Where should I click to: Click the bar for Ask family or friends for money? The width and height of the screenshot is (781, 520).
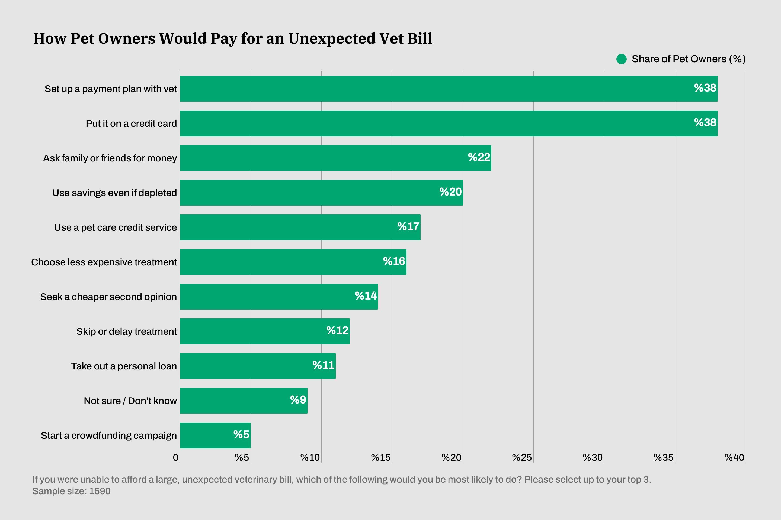pos(335,158)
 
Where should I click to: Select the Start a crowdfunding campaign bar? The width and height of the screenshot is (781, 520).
pos(215,435)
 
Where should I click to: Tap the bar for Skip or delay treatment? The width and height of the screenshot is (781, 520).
pos(265,331)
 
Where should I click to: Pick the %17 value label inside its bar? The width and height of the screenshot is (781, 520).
pos(408,226)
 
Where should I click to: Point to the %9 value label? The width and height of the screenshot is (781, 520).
pos(298,400)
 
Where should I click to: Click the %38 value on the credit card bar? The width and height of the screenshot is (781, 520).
pos(705,123)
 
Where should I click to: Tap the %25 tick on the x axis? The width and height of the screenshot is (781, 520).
pos(522,458)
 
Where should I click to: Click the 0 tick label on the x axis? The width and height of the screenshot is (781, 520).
pos(176,458)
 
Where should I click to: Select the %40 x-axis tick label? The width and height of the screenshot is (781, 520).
pos(734,458)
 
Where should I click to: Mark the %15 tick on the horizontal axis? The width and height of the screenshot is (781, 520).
pos(380,458)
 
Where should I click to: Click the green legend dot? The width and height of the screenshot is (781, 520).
pos(621,59)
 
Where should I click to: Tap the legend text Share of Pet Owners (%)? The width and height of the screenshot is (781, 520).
pos(688,59)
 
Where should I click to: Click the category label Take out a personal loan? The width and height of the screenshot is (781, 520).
pos(124,366)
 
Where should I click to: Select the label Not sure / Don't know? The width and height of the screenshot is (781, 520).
pos(130,401)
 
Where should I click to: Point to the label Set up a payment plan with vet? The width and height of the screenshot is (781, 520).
pos(111,89)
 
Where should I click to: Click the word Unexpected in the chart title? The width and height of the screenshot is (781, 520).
pos(332,38)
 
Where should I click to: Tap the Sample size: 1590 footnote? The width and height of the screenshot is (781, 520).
pos(71,491)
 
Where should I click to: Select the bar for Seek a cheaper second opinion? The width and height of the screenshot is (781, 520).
pos(279,297)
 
